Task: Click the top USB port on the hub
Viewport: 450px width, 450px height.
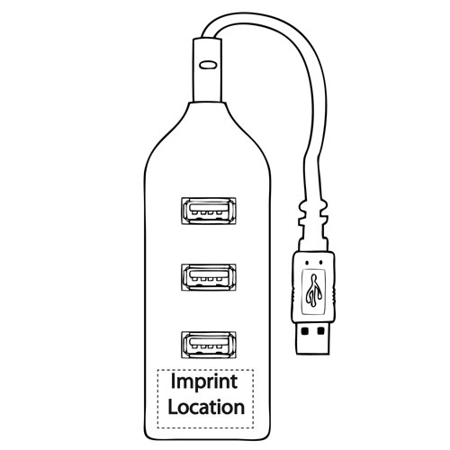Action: point(209,211)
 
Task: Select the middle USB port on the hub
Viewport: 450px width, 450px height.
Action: point(209,277)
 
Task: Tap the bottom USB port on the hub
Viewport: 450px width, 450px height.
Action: point(209,345)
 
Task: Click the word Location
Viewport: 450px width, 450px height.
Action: point(206,407)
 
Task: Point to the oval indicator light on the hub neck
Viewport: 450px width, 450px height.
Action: point(208,65)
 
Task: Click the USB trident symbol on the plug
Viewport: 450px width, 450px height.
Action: point(314,291)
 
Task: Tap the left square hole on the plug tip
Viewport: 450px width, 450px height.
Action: point(305,331)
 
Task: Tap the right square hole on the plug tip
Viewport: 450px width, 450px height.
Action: point(321,331)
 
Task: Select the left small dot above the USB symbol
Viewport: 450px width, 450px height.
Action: point(307,263)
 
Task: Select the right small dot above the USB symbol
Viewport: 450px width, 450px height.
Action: point(321,262)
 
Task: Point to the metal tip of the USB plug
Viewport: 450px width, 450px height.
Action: point(312,338)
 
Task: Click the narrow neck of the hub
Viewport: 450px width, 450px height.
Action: point(208,70)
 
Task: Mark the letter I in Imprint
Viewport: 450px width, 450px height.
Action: point(173,382)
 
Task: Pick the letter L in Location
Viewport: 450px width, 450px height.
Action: point(173,407)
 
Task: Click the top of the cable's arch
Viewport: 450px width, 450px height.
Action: point(255,19)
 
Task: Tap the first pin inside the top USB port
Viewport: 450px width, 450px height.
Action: point(195,212)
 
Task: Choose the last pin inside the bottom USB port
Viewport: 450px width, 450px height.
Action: point(220,347)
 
